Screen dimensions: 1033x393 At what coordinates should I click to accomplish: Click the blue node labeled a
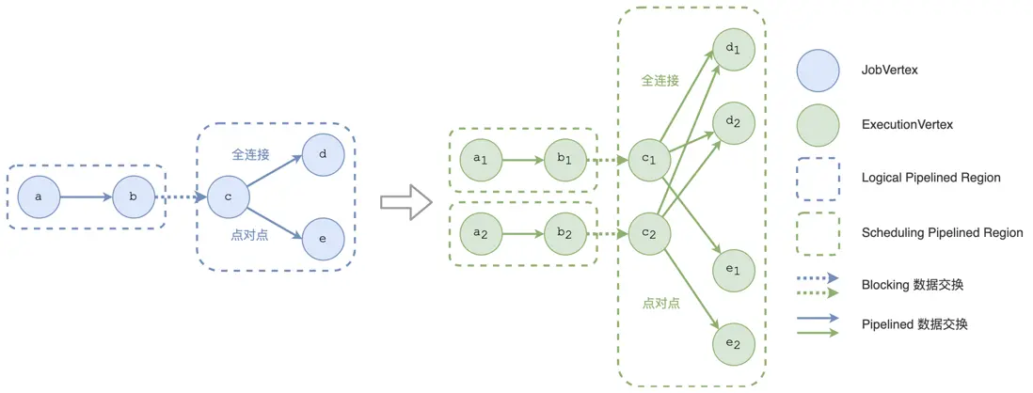tap(39, 196)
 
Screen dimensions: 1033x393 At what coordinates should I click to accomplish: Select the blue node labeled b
tap(134, 196)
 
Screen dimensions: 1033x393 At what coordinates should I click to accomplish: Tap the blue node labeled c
tap(228, 196)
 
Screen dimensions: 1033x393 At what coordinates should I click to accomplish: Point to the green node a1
tap(481, 160)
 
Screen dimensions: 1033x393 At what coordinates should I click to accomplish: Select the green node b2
tap(566, 234)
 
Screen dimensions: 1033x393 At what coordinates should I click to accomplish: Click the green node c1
tap(650, 160)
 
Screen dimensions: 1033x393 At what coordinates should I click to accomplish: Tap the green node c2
tap(650, 234)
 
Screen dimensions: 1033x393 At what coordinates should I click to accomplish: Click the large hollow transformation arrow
tap(405, 201)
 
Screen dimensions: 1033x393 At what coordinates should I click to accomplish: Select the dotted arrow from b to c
tap(182, 196)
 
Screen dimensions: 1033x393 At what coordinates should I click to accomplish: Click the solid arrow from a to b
tap(87, 196)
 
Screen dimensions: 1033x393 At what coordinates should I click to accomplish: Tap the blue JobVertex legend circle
tap(818, 70)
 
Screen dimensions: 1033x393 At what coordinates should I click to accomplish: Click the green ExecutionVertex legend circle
tap(818, 124)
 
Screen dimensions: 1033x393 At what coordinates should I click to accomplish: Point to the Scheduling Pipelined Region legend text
tap(942, 233)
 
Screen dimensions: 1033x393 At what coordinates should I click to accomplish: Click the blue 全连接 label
tap(249, 153)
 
